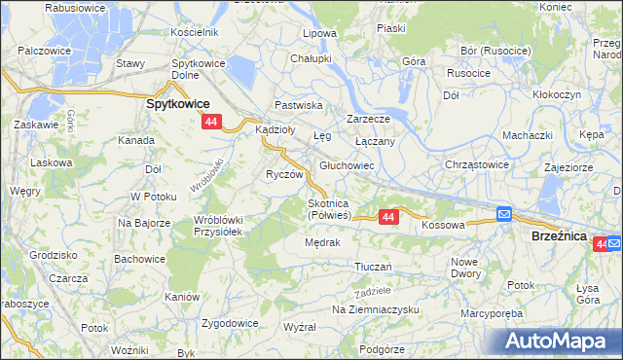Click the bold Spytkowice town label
pyautogui.click(x=179, y=102)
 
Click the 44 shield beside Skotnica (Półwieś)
pyautogui.click(x=388, y=217)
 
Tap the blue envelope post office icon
pyautogui.click(x=503, y=214)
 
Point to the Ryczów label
pyautogui.click(x=286, y=174)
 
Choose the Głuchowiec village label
pyautogui.click(x=348, y=166)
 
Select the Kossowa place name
pyautogui.click(x=443, y=225)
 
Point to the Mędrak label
pyautogui.click(x=321, y=242)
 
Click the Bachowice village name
pyautogui.click(x=137, y=259)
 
